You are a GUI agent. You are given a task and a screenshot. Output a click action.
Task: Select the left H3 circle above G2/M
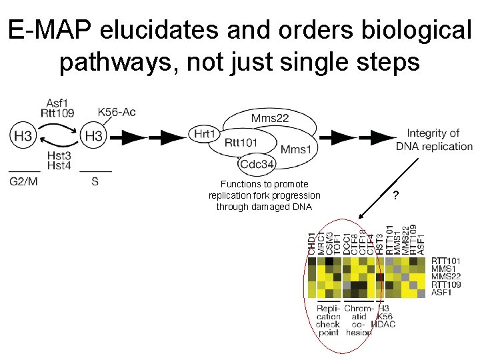point(23,137)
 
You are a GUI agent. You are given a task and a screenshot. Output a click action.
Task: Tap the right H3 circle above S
point(94,137)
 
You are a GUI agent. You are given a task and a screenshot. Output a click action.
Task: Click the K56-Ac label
point(117,111)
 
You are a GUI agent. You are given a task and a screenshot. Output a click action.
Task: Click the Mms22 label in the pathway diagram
point(270,119)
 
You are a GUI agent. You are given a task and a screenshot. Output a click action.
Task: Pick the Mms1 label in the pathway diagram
point(296,149)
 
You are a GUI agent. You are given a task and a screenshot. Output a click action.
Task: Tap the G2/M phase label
point(24,180)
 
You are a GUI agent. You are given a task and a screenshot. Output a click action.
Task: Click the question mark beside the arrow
point(396,196)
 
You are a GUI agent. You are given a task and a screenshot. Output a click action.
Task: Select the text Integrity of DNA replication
point(434,140)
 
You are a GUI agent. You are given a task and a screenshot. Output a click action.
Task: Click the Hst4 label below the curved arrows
point(59,165)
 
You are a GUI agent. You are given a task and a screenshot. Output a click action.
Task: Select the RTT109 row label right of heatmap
point(445,285)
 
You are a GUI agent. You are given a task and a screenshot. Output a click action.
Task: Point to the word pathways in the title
point(117,62)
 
